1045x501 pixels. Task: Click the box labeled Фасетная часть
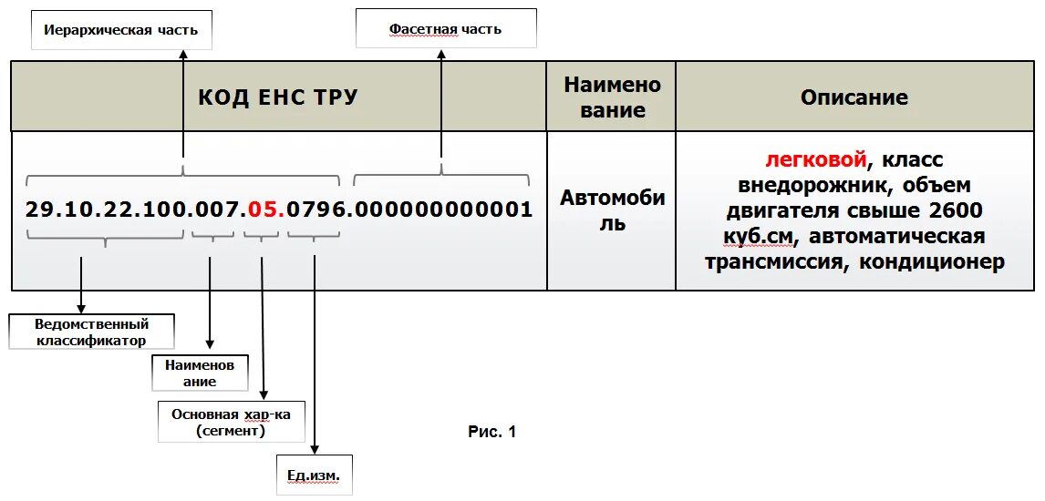pos(445,29)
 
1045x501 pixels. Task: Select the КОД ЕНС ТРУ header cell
pos(278,97)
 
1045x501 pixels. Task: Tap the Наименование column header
pos(611,97)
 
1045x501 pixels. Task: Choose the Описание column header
pos(854,97)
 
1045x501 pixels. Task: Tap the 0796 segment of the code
pos(315,210)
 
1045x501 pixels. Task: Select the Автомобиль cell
pos(611,210)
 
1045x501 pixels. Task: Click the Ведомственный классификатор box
pos(91,332)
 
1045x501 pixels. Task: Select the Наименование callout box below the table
pos(199,373)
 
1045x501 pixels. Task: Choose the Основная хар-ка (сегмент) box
pos(231,422)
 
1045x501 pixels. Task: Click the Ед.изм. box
pos(314,475)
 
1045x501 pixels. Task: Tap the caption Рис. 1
pos(491,432)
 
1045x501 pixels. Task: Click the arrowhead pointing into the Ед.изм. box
pos(315,449)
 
